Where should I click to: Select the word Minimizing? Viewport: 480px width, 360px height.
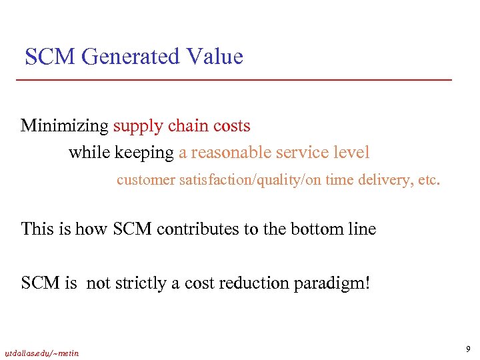click(65, 126)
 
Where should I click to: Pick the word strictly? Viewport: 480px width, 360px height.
click(141, 283)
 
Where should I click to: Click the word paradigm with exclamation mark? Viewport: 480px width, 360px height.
click(338, 284)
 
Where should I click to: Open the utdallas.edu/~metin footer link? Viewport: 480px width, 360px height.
click(41, 353)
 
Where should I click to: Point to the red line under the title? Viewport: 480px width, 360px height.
click(233, 80)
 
